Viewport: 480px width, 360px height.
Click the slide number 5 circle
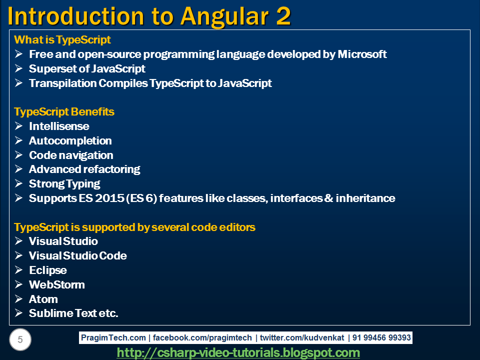click(x=20, y=339)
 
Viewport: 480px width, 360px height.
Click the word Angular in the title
click(x=224, y=17)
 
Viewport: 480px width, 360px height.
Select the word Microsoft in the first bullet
click(x=362, y=54)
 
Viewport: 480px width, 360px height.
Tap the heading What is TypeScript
click(x=62, y=40)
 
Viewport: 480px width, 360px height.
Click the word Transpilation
click(x=63, y=83)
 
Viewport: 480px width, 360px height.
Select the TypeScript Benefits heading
click(x=64, y=112)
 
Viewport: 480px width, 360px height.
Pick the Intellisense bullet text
click(x=59, y=126)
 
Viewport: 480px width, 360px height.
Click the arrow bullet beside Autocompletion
click(x=18, y=140)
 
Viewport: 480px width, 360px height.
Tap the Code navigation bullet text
click(x=71, y=155)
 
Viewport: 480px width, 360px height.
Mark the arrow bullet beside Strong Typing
click(x=18, y=183)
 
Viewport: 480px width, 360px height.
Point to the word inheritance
click(x=365, y=198)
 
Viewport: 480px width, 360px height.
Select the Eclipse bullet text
click(x=48, y=270)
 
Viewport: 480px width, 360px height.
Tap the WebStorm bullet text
click(x=57, y=284)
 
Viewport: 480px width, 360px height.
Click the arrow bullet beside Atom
click(x=18, y=299)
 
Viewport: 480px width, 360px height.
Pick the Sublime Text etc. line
click(x=73, y=313)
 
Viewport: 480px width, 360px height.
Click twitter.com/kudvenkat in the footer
click(x=302, y=337)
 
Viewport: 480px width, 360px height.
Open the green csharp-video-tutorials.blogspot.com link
click(x=238, y=352)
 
